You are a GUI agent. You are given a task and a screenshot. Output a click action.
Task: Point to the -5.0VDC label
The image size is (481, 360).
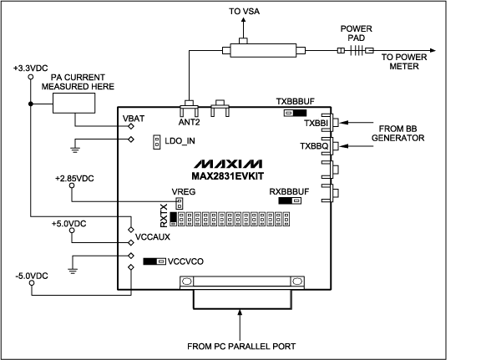(x=31, y=276)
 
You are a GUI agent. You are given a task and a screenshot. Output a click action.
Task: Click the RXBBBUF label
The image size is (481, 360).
(x=287, y=191)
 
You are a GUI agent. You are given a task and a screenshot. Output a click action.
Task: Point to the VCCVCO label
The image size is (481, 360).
(x=187, y=261)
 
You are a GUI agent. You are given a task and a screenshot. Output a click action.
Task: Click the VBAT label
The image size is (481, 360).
(x=133, y=119)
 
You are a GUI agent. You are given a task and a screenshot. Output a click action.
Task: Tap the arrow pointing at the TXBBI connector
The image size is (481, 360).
(x=354, y=123)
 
